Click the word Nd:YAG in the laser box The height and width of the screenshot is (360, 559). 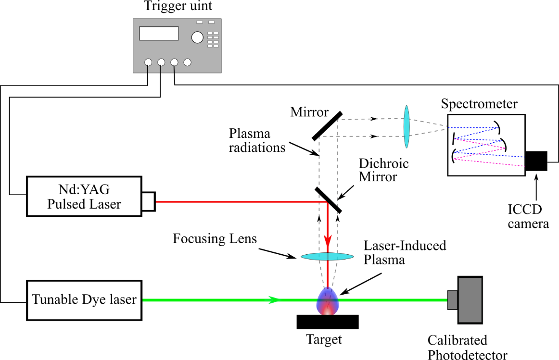point(84,189)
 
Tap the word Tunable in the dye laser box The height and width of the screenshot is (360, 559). point(53,300)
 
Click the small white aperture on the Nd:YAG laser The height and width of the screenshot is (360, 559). point(148,202)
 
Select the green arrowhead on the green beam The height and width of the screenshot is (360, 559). point(273,300)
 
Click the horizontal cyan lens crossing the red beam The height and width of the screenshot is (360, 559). point(328,257)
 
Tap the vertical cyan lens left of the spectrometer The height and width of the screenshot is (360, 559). point(407,127)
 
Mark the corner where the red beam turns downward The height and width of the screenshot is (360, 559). point(327,203)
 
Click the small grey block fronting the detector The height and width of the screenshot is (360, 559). point(452,300)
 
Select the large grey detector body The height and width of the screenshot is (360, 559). point(470,300)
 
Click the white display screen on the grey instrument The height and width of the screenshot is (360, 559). point(159,33)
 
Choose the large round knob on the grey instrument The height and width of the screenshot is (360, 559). point(197,37)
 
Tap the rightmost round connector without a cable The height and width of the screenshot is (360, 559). point(188,62)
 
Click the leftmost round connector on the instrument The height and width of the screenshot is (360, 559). point(148,62)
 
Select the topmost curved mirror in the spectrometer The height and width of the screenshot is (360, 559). point(498,127)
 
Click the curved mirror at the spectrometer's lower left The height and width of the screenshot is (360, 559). point(453,156)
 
